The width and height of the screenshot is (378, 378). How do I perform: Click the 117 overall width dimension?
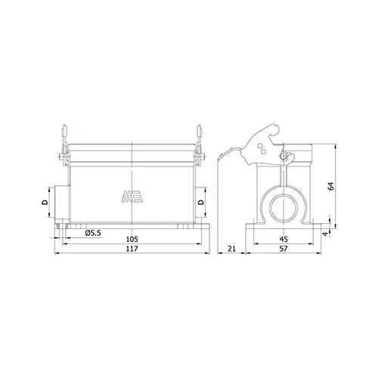(x=132, y=249)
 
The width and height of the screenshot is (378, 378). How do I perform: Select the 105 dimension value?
(x=132, y=239)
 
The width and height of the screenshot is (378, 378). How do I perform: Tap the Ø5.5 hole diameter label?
(x=93, y=233)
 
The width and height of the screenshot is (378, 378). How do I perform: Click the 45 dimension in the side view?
(x=283, y=239)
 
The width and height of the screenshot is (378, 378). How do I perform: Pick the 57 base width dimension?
(x=283, y=249)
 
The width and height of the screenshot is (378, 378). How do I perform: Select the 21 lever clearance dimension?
(x=231, y=249)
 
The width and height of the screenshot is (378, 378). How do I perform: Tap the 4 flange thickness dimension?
(x=326, y=234)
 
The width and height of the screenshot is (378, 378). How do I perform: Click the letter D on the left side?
(x=45, y=202)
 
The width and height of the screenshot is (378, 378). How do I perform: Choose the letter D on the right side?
(x=201, y=202)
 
